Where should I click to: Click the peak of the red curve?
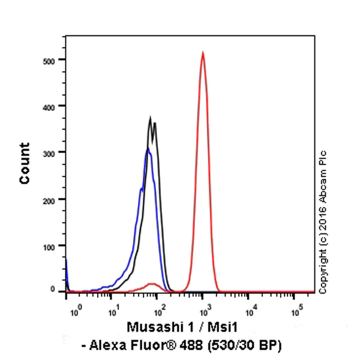click(203, 53)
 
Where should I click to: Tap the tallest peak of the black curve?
click(151, 118)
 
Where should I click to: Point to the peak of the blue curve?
click(148, 148)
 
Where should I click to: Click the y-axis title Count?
click(25, 163)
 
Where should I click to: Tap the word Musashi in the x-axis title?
click(151, 327)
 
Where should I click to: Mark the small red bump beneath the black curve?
click(152, 284)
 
